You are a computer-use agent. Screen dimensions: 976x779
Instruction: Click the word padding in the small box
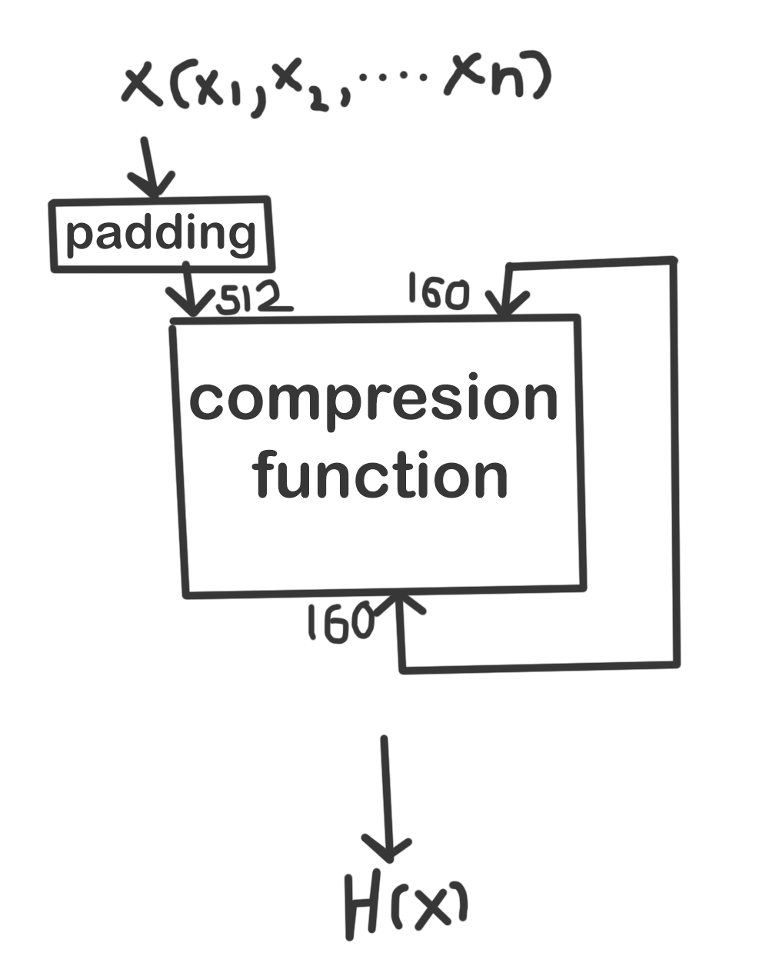click(161, 234)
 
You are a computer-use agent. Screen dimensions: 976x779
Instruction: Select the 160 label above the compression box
click(437, 291)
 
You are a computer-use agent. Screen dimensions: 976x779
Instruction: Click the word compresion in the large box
click(374, 398)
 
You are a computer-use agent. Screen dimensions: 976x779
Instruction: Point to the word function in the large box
click(381, 475)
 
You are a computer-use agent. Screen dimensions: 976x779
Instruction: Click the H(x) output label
click(405, 907)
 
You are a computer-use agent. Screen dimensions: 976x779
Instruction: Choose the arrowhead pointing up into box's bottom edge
click(401, 604)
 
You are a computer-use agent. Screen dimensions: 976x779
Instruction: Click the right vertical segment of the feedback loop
click(676, 461)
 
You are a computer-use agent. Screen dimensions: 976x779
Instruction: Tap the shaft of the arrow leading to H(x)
click(385, 792)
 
